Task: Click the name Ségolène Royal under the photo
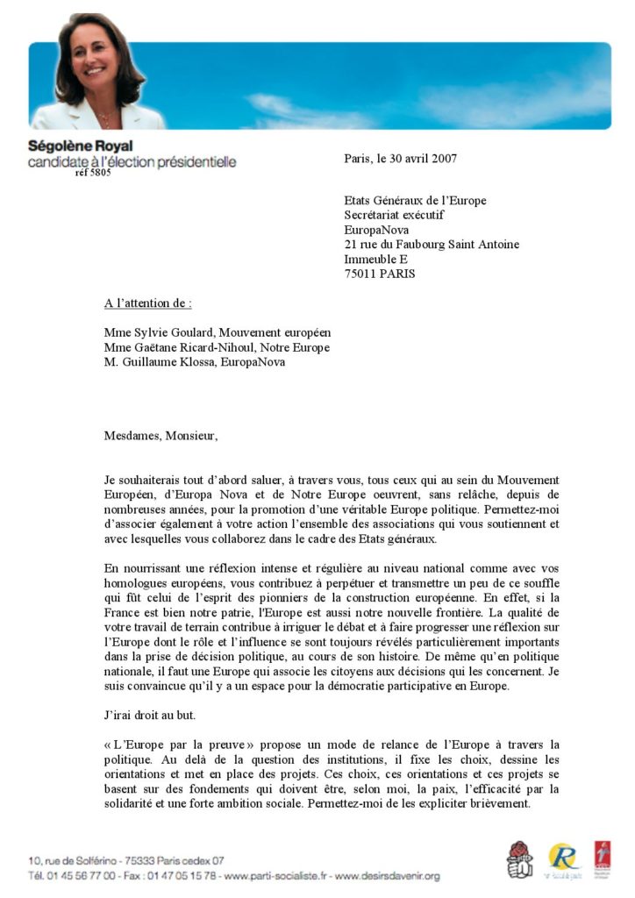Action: pyautogui.click(x=81, y=146)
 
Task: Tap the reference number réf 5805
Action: pyautogui.click(x=93, y=173)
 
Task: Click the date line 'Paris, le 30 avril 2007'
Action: pyautogui.click(x=400, y=159)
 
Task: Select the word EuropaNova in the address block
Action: pyautogui.click(x=376, y=230)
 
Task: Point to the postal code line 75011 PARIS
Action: pyautogui.click(x=380, y=274)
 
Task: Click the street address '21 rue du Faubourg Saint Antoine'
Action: pyautogui.click(x=431, y=245)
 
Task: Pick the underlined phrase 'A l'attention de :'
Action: pyautogui.click(x=147, y=303)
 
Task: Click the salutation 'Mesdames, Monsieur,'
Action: pyautogui.click(x=160, y=435)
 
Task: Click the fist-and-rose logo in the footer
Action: pyautogui.click(x=519, y=859)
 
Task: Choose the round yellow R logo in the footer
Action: pyautogui.click(x=563, y=858)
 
